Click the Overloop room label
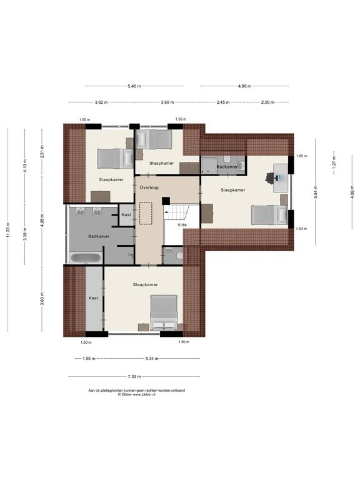coord(149,187)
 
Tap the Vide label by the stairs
coord(182,225)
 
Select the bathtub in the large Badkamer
coord(86,257)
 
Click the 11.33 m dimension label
coord(8,230)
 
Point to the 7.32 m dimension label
coord(134,376)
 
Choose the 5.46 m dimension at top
coord(134,86)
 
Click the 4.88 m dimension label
coord(244,86)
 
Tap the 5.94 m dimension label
coord(316,192)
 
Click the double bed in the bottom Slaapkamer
coord(164,312)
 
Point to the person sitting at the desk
coord(270,178)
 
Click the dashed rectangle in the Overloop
coord(146,213)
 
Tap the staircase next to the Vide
coord(177,212)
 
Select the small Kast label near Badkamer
coord(126,214)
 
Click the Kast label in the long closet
coord(93,298)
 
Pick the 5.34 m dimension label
coord(152,359)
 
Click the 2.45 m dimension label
coord(223,102)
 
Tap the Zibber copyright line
coord(136,394)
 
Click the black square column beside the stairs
coord(166,201)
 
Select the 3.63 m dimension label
coord(42,299)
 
